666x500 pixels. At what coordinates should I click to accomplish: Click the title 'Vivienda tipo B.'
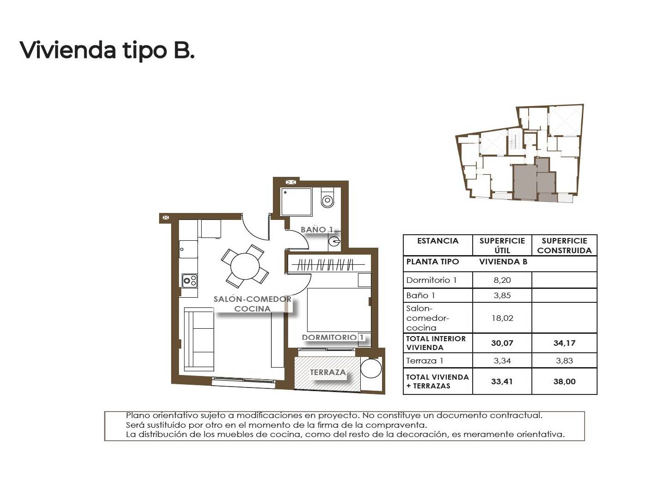pos(107,50)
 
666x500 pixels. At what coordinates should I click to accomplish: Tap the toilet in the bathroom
pos(327,198)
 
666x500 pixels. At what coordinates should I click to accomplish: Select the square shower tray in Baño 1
pos(296,202)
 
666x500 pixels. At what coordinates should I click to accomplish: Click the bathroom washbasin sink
pos(334,242)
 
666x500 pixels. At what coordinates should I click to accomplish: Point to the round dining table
pos(245,266)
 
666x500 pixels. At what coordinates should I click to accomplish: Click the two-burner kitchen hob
pos(190,281)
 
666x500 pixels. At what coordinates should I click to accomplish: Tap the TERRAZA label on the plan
pos(328,372)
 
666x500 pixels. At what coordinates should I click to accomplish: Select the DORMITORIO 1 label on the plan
pos(333,337)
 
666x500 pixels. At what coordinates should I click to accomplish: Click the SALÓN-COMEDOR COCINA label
pos(252,304)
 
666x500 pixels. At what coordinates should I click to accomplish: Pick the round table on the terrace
pos(371,368)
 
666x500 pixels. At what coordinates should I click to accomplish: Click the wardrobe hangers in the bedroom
pos(325,265)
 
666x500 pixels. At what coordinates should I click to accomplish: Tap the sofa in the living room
pos(199,339)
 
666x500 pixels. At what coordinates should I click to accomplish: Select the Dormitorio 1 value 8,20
pos(502,280)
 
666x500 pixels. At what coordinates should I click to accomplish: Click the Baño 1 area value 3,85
pos(502,295)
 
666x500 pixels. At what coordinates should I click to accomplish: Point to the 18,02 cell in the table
pos(502,318)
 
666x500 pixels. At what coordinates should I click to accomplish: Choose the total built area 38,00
pos(564,381)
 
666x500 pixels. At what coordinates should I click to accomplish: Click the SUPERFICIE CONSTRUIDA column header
pos(564,245)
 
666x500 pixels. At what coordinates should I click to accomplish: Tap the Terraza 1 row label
pos(425,361)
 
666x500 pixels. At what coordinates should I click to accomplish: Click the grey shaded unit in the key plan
pos(535,181)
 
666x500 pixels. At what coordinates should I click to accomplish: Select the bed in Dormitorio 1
pos(339,310)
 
